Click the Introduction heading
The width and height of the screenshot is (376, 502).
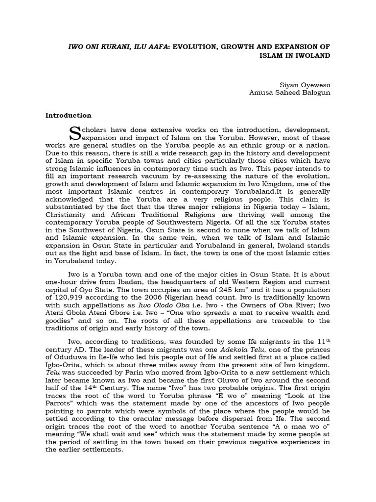[68, 116]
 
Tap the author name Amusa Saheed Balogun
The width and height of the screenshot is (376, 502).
[290, 92]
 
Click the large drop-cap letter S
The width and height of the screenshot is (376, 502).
[74, 133]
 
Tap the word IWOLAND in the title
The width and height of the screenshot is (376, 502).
[310, 55]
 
